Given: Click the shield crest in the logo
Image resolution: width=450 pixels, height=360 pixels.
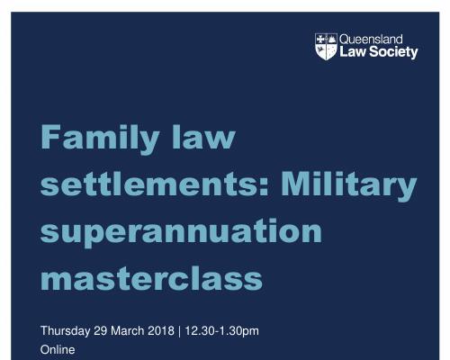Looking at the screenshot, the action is [x=326, y=47].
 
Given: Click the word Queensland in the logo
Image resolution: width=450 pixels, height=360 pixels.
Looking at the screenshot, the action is [x=371, y=40].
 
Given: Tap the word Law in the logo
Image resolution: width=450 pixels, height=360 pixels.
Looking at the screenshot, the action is [x=353, y=51].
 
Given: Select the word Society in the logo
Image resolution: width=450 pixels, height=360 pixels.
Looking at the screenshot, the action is [x=393, y=52].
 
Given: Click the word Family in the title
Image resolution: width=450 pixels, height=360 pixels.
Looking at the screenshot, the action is [x=100, y=139].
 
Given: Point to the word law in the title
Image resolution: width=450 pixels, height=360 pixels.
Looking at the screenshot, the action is [x=203, y=137].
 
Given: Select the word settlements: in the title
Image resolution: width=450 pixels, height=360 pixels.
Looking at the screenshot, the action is [x=155, y=184].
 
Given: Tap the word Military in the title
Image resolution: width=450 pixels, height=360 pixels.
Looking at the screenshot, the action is [x=349, y=186].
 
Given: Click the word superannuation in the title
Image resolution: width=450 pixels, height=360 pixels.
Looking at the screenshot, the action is [x=181, y=233].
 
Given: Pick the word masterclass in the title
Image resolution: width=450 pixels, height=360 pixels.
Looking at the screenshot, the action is [x=151, y=278].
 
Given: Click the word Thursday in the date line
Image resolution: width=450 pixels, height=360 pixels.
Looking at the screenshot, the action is [x=65, y=331].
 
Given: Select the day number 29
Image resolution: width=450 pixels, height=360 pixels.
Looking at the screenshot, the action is [x=101, y=330].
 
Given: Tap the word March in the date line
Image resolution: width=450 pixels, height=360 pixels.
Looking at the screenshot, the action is [x=128, y=330].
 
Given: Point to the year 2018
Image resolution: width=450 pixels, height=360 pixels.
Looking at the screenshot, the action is [x=161, y=330].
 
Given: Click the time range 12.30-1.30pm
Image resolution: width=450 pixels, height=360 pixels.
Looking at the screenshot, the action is [x=221, y=331].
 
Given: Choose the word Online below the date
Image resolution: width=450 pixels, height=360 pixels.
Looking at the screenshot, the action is [x=58, y=349].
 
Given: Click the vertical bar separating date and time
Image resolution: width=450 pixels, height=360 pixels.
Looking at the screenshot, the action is [x=179, y=331].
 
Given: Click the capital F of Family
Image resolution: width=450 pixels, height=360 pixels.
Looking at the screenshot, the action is [x=50, y=137].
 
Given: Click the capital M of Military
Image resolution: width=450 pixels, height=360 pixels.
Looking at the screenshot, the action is [x=295, y=184].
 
